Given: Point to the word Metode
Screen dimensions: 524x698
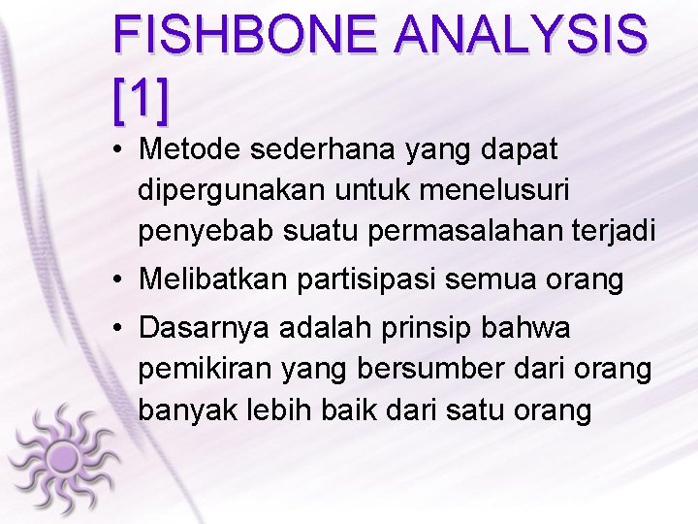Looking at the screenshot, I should tap(190, 149).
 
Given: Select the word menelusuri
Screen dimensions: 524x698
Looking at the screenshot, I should tap(505, 190).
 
